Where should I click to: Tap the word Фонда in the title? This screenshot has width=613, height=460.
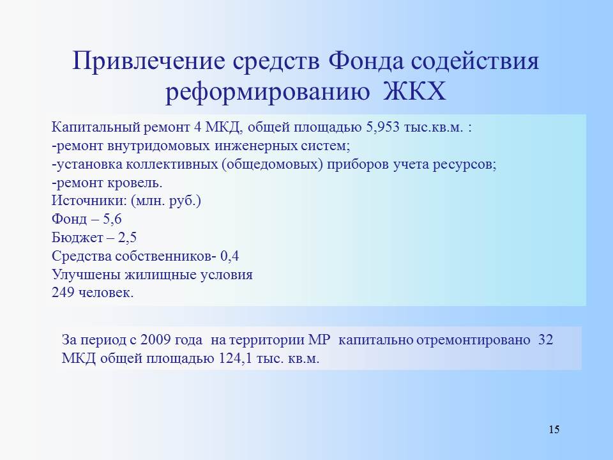(x=365, y=61)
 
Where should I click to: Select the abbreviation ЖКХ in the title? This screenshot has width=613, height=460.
(x=414, y=92)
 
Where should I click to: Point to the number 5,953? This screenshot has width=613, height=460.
(x=382, y=128)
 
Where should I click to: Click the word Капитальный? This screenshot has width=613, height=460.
(x=96, y=128)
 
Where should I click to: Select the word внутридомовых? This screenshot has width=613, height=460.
(x=158, y=146)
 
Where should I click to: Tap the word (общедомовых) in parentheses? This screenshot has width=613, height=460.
(x=273, y=165)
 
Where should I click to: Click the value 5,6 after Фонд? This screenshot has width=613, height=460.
(x=112, y=219)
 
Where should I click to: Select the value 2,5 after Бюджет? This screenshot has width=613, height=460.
(x=128, y=238)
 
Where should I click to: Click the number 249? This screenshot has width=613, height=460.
(x=63, y=293)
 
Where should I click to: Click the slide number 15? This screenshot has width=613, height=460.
(x=554, y=429)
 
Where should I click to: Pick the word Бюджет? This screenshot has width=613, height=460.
(x=77, y=238)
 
